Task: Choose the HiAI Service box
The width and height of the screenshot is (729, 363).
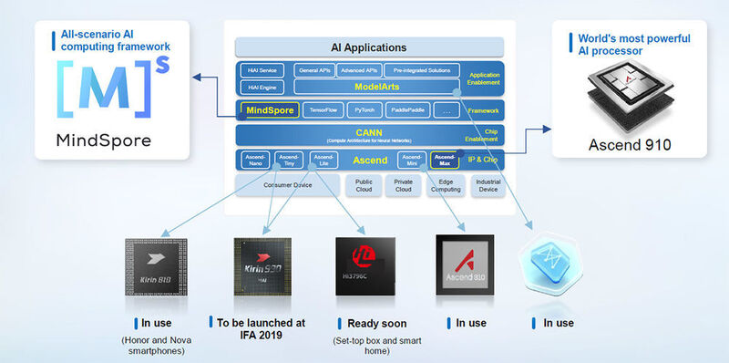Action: pos(262,69)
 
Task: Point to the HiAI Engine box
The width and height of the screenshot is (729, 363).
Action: pos(262,87)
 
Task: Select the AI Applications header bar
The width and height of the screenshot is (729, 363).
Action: pos(368,47)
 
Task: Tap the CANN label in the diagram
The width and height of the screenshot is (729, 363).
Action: pos(368,133)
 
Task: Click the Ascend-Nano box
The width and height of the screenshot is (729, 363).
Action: pos(255,160)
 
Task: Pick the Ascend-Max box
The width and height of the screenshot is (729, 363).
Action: pos(445,160)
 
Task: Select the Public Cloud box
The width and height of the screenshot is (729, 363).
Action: pos(357,185)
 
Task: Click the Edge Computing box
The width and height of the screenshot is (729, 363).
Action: pos(445,185)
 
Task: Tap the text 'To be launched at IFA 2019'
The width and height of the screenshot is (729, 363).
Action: pos(263,328)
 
